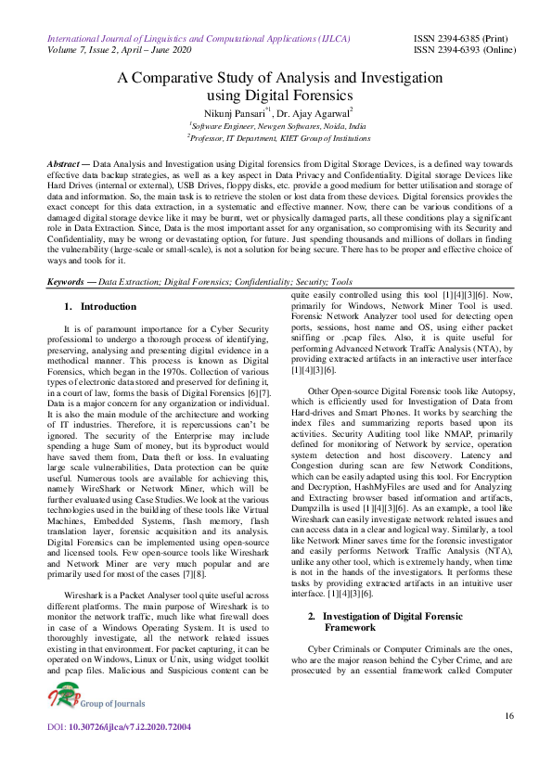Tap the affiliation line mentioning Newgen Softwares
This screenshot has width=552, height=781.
(x=277, y=124)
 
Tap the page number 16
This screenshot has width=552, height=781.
(x=509, y=716)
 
